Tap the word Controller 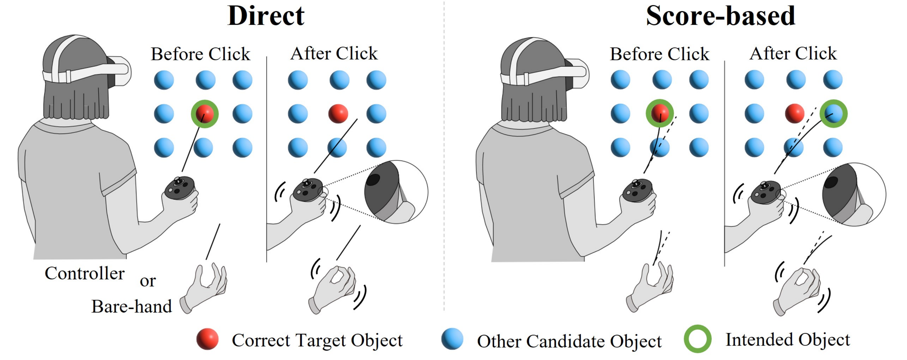[85, 273]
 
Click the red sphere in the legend [207, 339]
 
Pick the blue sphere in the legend [452, 339]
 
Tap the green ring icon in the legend [697, 339]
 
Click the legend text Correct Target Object [317, 340]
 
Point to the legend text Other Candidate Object [569, 341]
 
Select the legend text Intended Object [788, 340]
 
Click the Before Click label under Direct [200, 54]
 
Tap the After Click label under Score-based [793, 53]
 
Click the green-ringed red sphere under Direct [205, 114]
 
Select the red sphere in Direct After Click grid [338, 113]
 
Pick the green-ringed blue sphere [833, 113]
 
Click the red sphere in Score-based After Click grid [795, 113]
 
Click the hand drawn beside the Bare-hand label [206, 287]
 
